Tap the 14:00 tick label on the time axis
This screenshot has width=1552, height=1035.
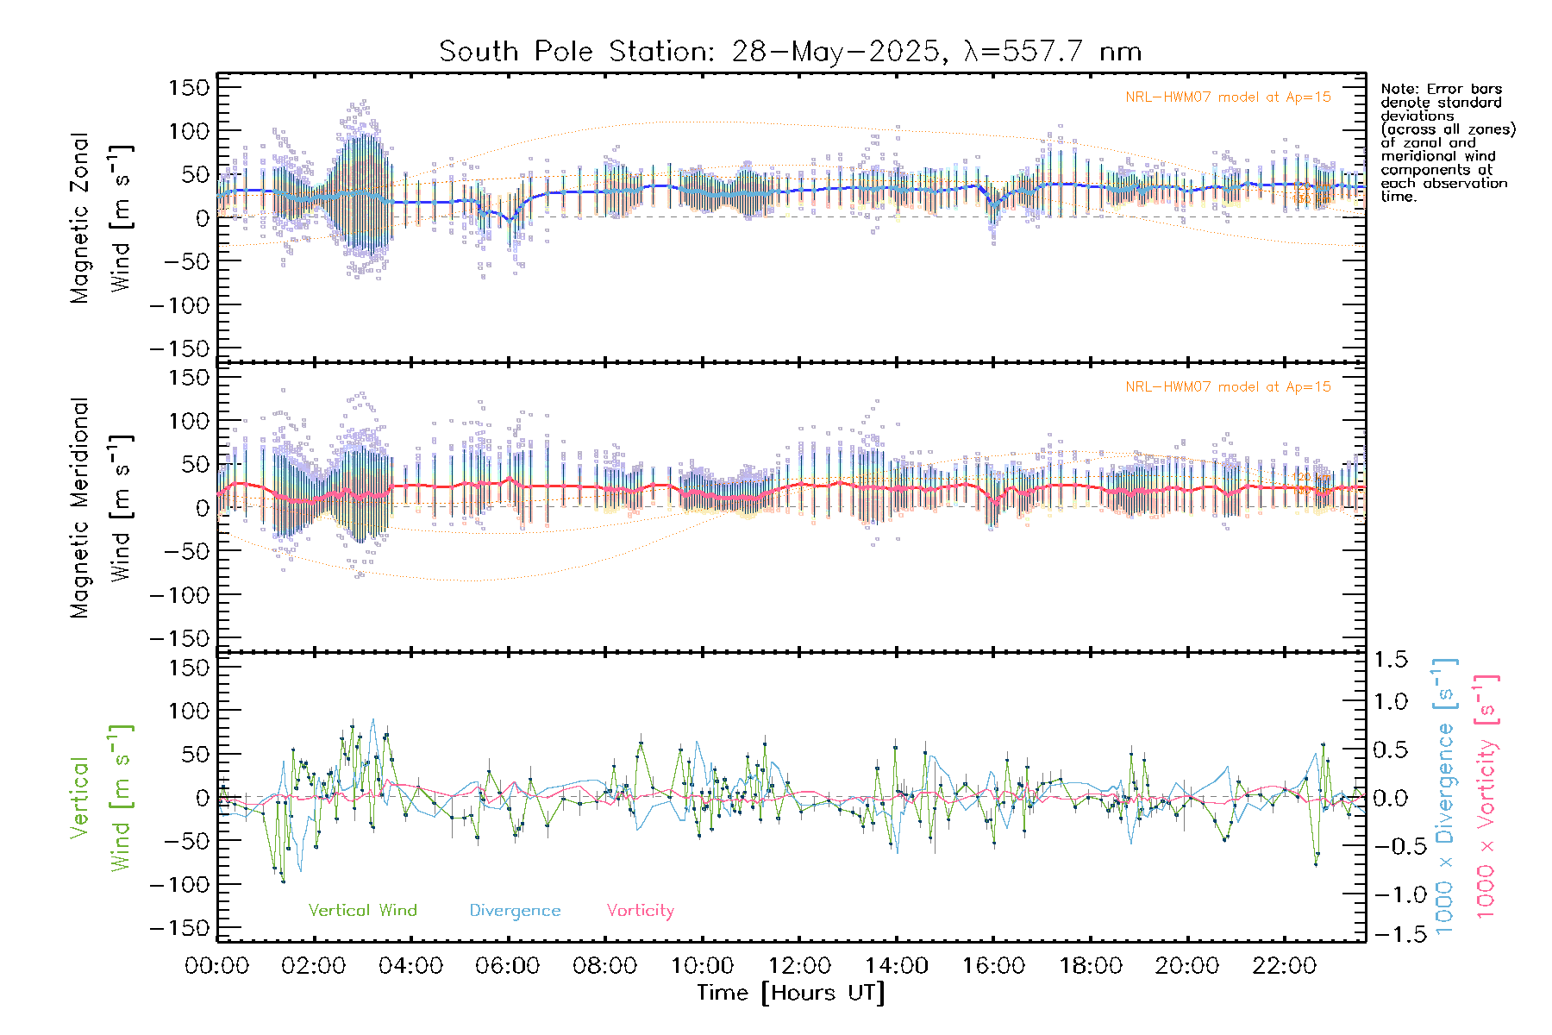pos(897,966)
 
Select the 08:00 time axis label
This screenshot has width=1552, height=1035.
pos(605,966)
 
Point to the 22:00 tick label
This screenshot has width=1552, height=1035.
pos(1285,966)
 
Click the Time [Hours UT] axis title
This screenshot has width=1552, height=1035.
pos(791,993)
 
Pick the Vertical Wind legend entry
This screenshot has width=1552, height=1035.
pos(362,911)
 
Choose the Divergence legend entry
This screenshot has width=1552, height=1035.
pos(515,911)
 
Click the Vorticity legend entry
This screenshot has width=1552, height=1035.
pos(640,911)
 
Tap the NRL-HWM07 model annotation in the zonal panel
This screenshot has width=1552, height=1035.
pos(1228,97)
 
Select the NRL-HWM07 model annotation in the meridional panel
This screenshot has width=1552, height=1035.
pos(1228,387)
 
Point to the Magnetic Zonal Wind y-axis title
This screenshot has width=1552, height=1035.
pos(102,217)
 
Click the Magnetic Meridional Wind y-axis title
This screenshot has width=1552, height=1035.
pos(102,507)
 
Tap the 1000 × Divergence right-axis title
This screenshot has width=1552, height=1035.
pos(1445,795)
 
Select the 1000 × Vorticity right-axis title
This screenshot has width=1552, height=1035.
pos(1486,795)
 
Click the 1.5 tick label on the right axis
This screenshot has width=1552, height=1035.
pos(1391,660)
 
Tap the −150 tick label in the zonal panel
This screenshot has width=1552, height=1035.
pos(179,349)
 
